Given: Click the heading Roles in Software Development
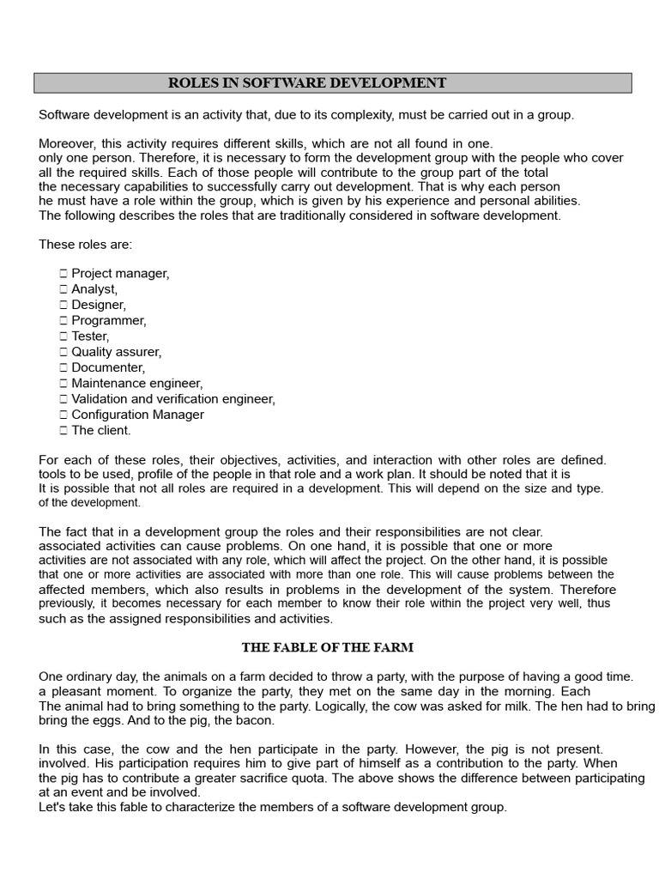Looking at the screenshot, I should click(x=307, y=83).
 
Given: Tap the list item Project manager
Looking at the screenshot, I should click(x=120, y=273).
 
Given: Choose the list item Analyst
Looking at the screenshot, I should click(x=94, y=289).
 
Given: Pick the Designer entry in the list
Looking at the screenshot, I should click(x=99, y=305).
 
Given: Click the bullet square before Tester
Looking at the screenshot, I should click(x=63, y=336).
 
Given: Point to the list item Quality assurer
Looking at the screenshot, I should click(x=116, y=352).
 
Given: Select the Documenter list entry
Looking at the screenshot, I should click(x=108, y=367).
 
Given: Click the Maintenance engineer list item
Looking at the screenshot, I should click(x=137, y=383).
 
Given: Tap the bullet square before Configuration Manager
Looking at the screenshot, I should click(x=63, y=415).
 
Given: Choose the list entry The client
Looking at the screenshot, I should click(x=101, y=430).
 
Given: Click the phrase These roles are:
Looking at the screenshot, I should click(x=86, y=245).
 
